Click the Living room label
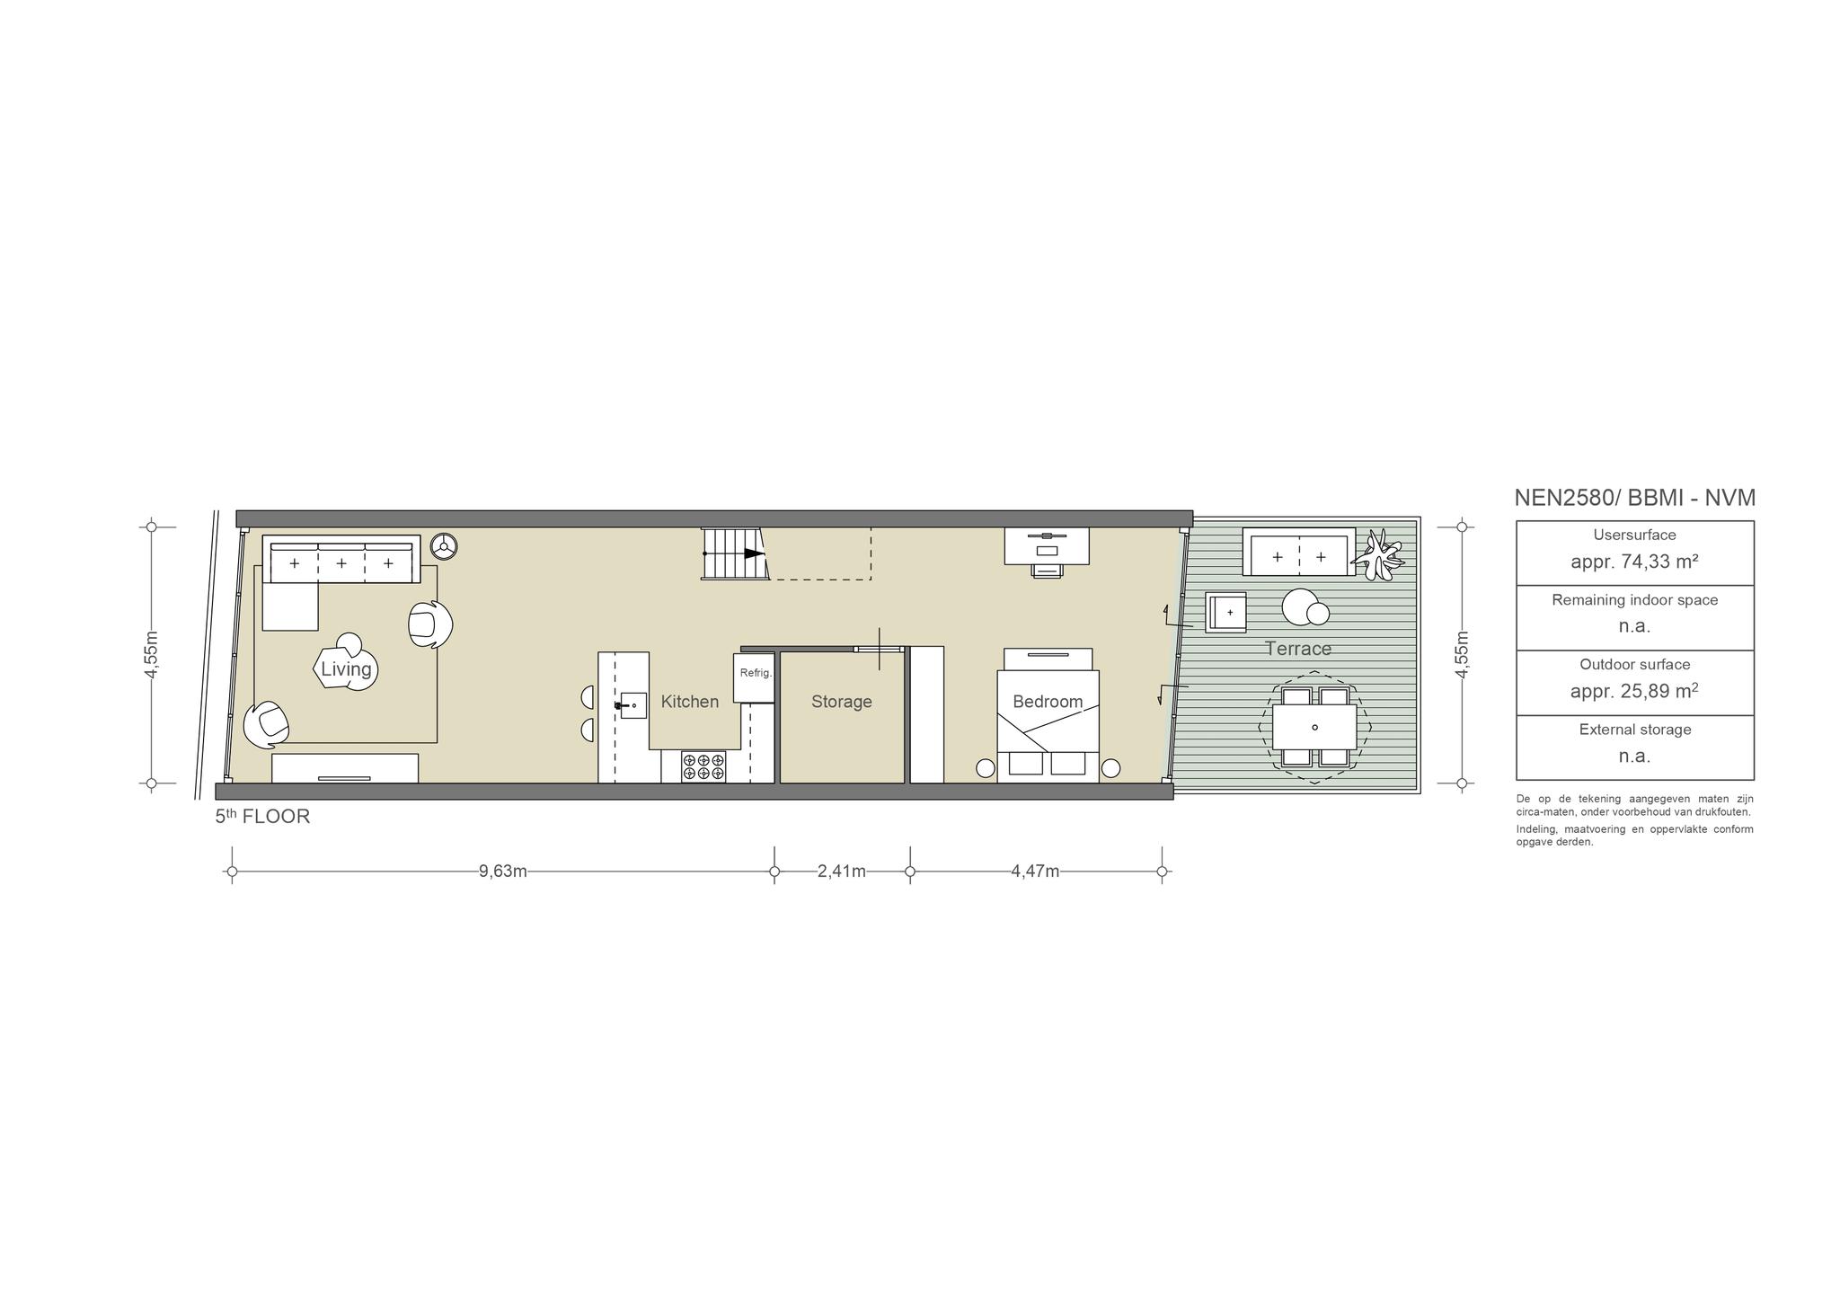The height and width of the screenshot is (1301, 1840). [x=346, y=669]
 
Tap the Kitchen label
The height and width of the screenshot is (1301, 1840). [x=690, y=702]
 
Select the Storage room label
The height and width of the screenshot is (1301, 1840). [x=842, y=702]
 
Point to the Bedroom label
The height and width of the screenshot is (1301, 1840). [x=1048, y=702]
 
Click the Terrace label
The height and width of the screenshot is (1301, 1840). [x=1298, y=649]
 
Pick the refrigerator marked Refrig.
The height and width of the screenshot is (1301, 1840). [x=754, y=677]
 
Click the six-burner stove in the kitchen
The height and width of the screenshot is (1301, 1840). [x=703, y=766]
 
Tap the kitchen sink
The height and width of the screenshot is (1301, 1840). [x=633, y=705]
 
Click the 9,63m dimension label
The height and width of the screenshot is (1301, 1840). [x=503, y=871]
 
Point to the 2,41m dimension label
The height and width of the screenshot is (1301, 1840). [x=842, y=871]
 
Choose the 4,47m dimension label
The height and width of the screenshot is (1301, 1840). [x=1035, y=871]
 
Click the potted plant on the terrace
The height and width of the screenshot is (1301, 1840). [x=1380, y=553]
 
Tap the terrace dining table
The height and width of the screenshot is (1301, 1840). [x=1314, y=727]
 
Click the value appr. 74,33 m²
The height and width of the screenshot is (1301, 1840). [x=1634, y=562]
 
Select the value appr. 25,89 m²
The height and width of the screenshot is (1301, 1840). [x=1634, y=691]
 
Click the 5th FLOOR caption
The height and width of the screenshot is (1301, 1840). [x=262, y=817]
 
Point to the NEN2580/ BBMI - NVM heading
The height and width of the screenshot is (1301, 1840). [x=1635, y=498]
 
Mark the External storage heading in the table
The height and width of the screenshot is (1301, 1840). [x=1635, y=730]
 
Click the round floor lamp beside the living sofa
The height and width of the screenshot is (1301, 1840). [x=444, y=545]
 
